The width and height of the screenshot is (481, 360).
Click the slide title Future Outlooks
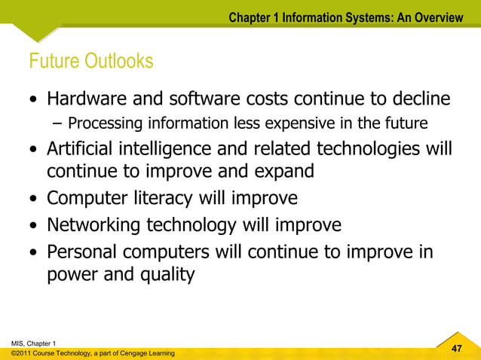pos(90,61)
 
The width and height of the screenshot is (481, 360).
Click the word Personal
pos(83,250)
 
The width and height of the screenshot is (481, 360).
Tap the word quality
pos(165,275)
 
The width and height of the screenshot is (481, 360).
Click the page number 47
pos(455,347)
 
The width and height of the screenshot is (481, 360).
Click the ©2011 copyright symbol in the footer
pos(14,353)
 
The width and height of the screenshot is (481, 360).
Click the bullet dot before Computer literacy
pos(35,200)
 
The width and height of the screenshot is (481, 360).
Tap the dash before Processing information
pos(59,124)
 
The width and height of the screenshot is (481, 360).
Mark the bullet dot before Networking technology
pos(35,226)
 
